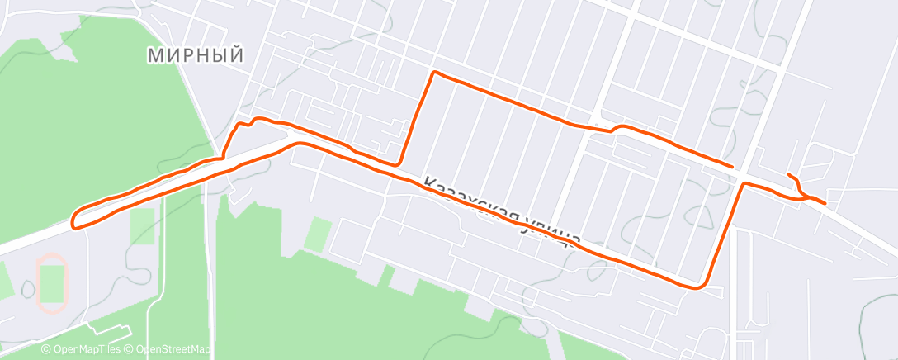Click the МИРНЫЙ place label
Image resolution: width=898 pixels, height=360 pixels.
pos(196,55)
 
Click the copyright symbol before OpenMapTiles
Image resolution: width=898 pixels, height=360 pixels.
pos(45,349)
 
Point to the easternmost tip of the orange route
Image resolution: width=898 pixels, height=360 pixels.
pos(824,202)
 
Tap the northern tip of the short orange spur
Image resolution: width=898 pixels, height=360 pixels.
pos(789,174)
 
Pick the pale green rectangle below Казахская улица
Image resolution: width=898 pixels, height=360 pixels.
pos(318,234)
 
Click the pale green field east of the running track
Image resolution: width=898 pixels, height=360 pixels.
pos(142,225)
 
